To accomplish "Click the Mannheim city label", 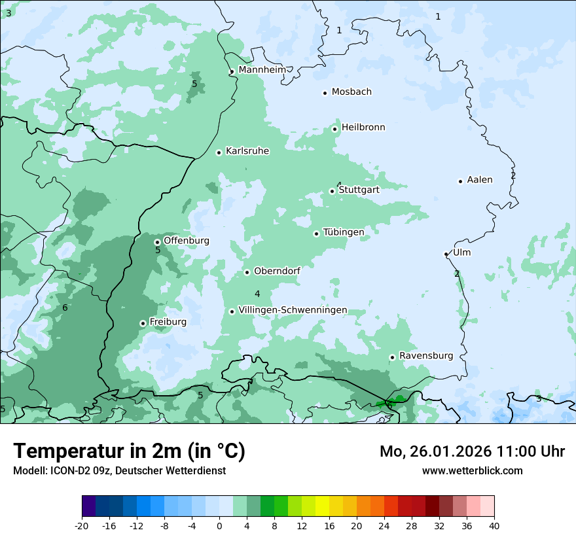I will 262,70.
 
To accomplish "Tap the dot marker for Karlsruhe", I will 219,152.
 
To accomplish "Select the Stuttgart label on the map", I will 359,190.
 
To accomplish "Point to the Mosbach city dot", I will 325,93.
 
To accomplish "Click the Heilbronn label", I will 363,128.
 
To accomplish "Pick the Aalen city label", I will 480,180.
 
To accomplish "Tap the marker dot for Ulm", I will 446,254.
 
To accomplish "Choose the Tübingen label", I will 344,232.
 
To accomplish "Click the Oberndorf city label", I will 277,271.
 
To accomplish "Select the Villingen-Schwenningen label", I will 293,310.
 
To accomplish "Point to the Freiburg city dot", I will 143,323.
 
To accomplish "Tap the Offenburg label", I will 187,241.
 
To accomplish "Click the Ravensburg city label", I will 425,356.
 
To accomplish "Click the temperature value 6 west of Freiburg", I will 65,307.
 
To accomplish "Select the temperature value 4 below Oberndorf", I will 257,294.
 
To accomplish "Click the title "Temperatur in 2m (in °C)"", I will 129,451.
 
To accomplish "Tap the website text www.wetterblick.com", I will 472,470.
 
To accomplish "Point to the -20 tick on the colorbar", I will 82,525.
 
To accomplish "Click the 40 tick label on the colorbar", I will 494,525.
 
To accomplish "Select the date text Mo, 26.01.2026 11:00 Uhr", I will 472,451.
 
